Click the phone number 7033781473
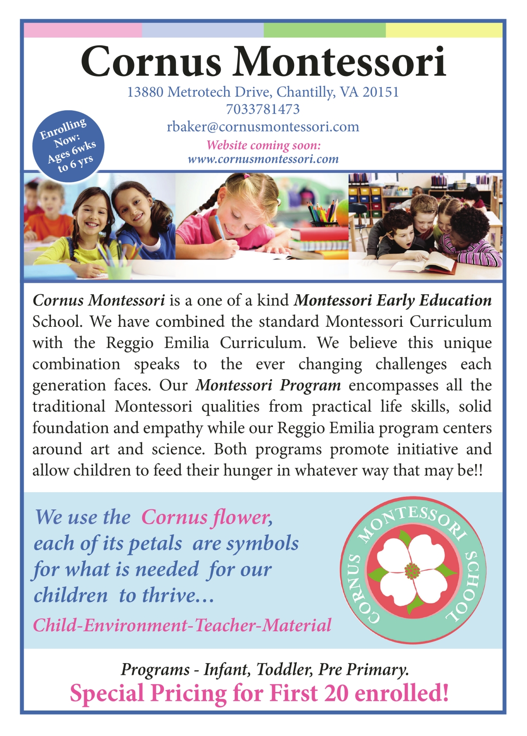pyautogui.click(x=263, y=109)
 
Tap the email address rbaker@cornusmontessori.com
pyautogui.click(x=263, y=127)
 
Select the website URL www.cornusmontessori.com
pyautogui.click(x=263, y=159)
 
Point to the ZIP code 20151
pyautogui.click(x=380, y=92)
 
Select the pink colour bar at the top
pyautogui.click(x=82, y=31)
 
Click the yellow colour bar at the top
pyautogui.click(x=444, y=31)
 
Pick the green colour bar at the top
pyautogui.click(x=324, y=31)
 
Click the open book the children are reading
pyautogui.click(x=424, y=263)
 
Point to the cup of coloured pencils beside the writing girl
pyautogui.click(x=324, y=216)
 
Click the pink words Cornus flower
pyautogui.click(x=207, y=517)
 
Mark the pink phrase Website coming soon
pyautogui.click(x=263, y=145)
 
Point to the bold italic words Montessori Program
pyautogui.click(x=268, y=385)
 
